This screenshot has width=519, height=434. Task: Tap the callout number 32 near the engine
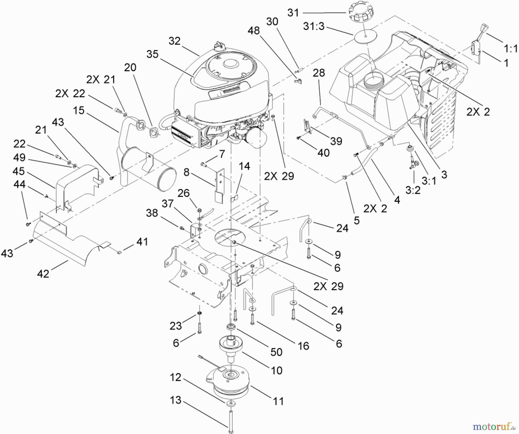tap(174, 41)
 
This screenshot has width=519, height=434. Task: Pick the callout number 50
tap(276, 352)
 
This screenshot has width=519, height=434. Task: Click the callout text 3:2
tap(413, 190)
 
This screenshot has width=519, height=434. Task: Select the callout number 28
tap(319, 73)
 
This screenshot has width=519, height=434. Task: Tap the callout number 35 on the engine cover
tap(153, 54)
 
